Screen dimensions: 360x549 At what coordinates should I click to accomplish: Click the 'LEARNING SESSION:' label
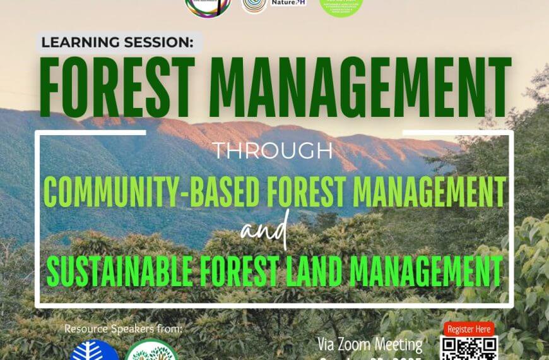[x=119, y=43]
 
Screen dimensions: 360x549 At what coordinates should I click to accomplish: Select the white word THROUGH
[x=273, y=151]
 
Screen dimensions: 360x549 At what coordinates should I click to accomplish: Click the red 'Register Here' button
[x=468, y=329]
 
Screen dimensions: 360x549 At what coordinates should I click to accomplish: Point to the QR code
[x=469, y=349]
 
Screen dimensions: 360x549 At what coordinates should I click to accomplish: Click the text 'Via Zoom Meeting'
[x=370, y=345]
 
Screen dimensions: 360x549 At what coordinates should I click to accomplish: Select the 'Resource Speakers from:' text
[x=123, y=329]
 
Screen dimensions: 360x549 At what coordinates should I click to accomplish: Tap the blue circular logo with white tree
[x=95, y=351]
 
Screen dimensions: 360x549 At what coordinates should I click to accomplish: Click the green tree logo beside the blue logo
[x=151, y=351]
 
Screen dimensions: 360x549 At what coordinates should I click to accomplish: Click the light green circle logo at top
[x=341, y=6]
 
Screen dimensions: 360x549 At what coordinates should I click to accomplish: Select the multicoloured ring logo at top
[x=208, y=6]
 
